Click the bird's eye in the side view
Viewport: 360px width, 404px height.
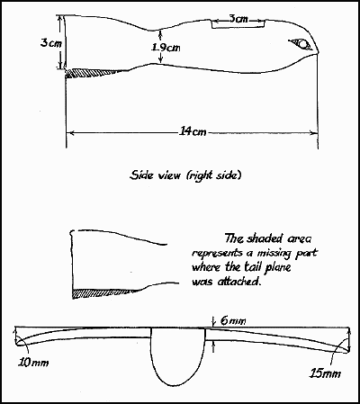pos(302,44)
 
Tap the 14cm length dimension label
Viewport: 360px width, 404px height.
pos(193,131)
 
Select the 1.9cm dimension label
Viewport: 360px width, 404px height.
pos(166,48)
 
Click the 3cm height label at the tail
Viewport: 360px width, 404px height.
pos(51,43)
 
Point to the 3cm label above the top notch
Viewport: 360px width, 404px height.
pos(238,19)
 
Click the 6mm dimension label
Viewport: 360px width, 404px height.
pos(233,321)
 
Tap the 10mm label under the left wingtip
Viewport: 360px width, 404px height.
pos(33,363)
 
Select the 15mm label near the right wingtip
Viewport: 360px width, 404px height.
pos(325,373)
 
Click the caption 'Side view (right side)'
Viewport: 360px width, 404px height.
pos(185,175)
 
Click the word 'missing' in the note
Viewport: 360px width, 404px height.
pos(274,254)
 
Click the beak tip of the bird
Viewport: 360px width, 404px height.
pos(319,53)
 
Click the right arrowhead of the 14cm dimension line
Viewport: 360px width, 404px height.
pos(314,132)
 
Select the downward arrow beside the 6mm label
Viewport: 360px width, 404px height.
pos(213,322)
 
